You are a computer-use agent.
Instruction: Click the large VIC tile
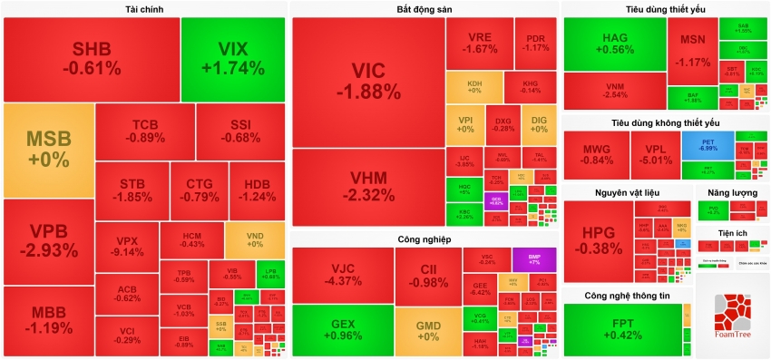pos(367,82)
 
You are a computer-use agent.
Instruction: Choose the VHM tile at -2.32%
pos(367,187)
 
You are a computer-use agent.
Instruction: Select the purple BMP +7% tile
pos(532,258)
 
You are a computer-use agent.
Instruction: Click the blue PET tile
pos(708,145)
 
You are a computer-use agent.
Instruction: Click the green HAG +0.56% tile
pos(615,44)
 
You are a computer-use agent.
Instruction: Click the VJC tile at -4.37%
pos(341,275)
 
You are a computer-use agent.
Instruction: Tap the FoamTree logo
pos(732,317)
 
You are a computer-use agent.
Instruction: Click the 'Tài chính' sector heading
pos(144,9)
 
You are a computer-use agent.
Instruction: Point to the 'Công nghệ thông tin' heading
pos(627,296)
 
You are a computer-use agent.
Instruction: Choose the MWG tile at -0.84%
pos(595,155)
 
